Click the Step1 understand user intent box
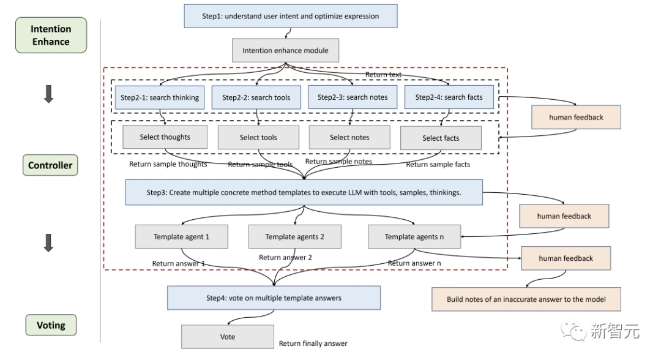tap(291, 16)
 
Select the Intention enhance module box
tap(285, 50)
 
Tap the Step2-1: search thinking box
tap(160, 97)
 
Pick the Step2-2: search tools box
tap(256, 97)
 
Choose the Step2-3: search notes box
tap(352, 97)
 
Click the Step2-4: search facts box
tap(449, 97)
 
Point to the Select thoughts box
tap(165, 137)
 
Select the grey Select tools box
tap(258, 138)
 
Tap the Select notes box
tap(349, 137)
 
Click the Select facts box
tap(441, 138)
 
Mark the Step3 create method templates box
tap(304, 192)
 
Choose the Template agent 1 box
tap(182, 236)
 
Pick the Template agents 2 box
tap(294, 237)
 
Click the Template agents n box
tap(414, 237)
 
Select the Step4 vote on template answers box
tap(274, 298)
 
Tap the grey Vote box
tap(227, 337)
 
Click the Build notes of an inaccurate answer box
tap(526, 299)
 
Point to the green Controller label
tap(50, 165)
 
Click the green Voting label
tap(51, 325)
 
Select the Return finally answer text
tap(313, 343)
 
